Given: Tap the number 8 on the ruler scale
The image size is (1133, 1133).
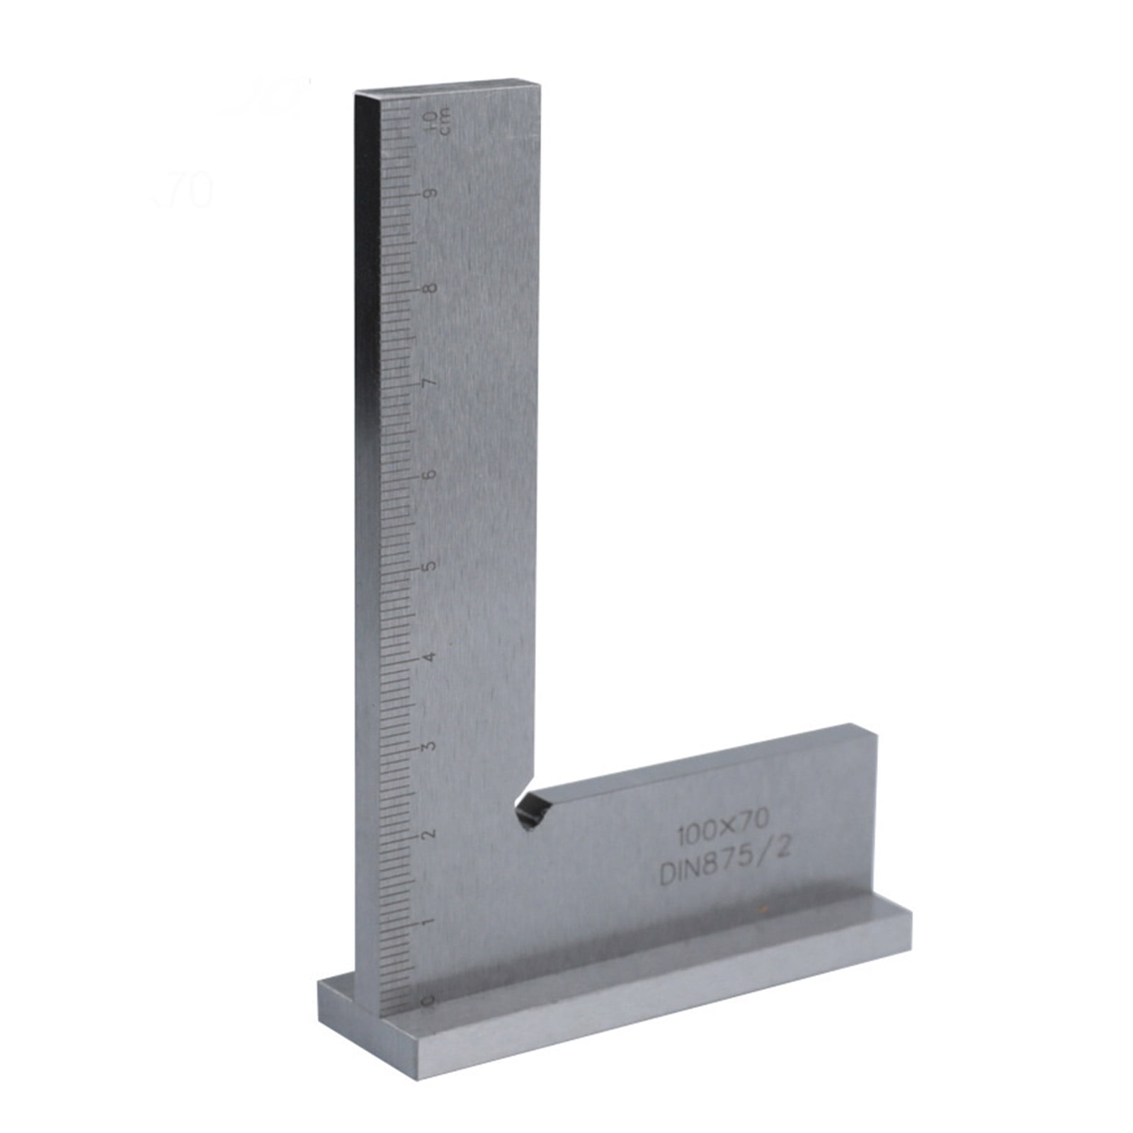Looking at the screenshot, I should [430, 289].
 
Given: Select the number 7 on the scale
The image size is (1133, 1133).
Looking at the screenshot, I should [430, 383].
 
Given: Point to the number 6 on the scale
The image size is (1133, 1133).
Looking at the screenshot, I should [430, 474].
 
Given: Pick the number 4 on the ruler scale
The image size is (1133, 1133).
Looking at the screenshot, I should [428, 657].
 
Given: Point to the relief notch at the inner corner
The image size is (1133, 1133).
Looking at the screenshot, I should [533, 809].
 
